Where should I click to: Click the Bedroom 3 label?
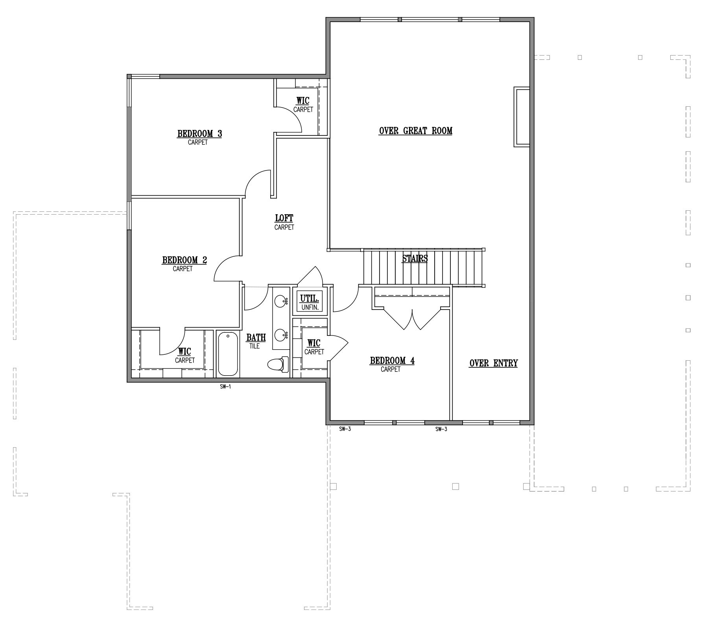click(x=199, y=134)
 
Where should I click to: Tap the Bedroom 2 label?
click(x=184, y=260)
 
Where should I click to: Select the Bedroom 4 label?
click(x=392, y=361)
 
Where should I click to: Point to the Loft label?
click(x=284, y=218)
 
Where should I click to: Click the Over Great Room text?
click(x=415, y=131)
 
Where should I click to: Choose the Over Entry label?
click(x=494, y=363)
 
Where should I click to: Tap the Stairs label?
click(x=415, y=259)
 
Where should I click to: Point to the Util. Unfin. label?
click(x=310, y=302)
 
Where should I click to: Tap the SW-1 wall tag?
click(x=225, y=387)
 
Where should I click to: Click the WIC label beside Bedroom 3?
click(x=303, y=104)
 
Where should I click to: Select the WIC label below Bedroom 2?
click(x=184, y=355)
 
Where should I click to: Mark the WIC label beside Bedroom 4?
click(x=314, y=346)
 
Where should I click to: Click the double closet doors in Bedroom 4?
click(x=412, y=319)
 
